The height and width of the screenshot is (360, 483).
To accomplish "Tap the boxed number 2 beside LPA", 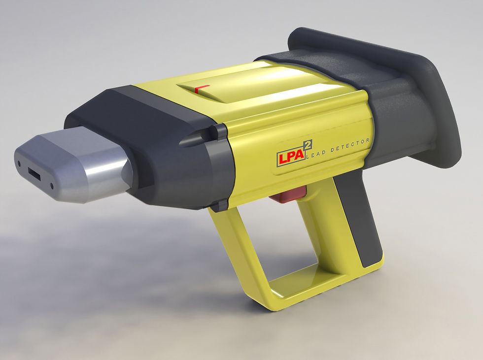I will point(309,148).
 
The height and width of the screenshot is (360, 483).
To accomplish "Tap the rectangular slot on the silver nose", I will point(34,173).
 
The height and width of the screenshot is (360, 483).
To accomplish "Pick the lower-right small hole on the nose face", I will point(52,186).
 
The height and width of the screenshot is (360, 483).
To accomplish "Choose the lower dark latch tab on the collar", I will point(222,203).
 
